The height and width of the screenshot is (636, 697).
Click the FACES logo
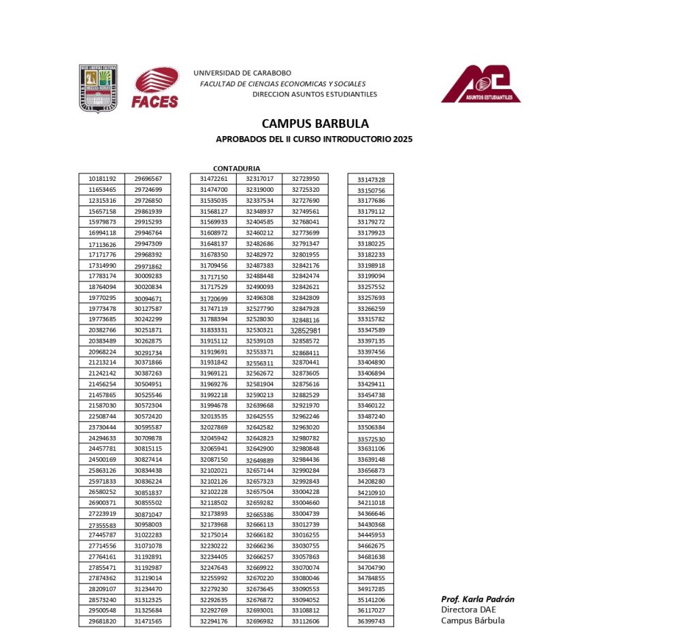[156, 88]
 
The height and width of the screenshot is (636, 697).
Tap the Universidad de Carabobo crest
[99, 88]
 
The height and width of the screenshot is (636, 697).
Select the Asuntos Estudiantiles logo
[481, 84]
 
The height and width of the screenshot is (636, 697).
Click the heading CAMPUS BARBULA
[315, 124]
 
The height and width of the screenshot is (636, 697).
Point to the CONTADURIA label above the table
[236, 168]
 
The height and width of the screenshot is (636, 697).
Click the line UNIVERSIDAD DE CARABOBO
[242, 73]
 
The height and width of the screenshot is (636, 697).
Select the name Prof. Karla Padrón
[477, 599]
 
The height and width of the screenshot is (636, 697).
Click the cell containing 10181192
[102, 179]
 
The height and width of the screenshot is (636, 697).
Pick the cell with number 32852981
[306, 331]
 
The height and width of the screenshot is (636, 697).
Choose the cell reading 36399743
[371, 622]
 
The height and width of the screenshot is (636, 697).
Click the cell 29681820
[102, 622]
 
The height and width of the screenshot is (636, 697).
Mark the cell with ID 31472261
[213, 179]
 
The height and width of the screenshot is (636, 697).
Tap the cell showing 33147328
[371, 180]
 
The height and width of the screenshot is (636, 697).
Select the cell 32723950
[306, 179]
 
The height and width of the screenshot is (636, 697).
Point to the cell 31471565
[148, 622]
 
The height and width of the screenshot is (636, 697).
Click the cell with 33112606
[306, 622]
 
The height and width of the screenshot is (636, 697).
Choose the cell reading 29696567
[148, 179]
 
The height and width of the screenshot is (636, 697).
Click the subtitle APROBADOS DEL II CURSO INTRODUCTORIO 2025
[314, 139]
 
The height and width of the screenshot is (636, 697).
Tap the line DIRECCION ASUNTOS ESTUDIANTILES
[314, 95]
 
